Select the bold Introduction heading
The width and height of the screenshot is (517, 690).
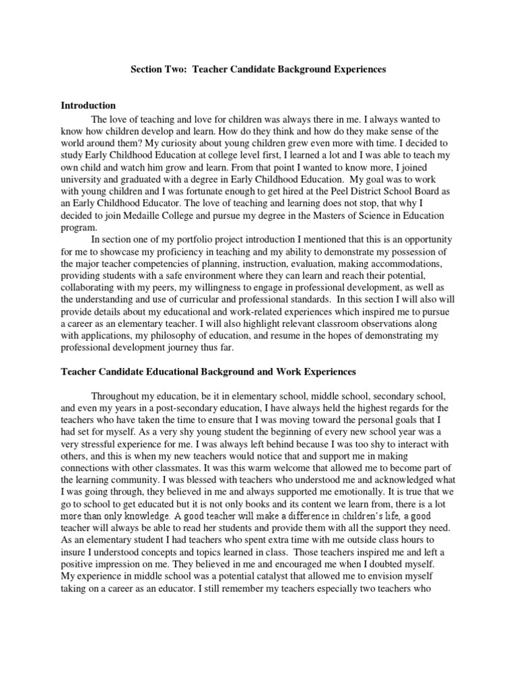88,106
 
